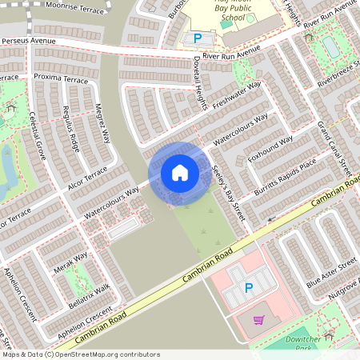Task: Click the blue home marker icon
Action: pyautogui.click(x=180, y=172)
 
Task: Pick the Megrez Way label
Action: pyautogui.click(x=102, y=121)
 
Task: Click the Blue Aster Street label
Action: pyautogui.click(x=331, y=273)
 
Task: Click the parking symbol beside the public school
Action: pyautogui.click(x=197, y=38)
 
